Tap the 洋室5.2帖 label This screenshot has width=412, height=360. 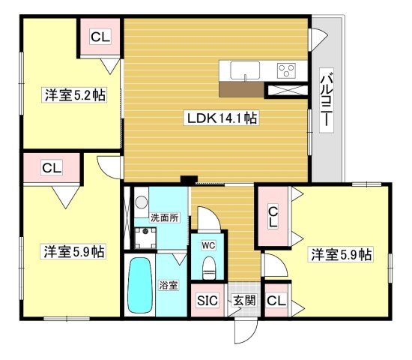(73, 95)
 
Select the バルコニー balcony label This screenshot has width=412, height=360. (327, 101)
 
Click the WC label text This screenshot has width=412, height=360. (208, 244)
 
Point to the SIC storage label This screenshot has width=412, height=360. (207, 301)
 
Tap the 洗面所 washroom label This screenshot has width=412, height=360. (165, 217)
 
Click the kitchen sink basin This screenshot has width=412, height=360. (245, 71)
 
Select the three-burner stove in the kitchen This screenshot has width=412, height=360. (286, 70)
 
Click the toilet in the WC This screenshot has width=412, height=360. (210, 265)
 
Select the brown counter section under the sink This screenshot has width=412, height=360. (242, 88)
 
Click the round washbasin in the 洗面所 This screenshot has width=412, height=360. (140, 203)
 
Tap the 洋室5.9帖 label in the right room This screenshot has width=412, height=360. (342, 254)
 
